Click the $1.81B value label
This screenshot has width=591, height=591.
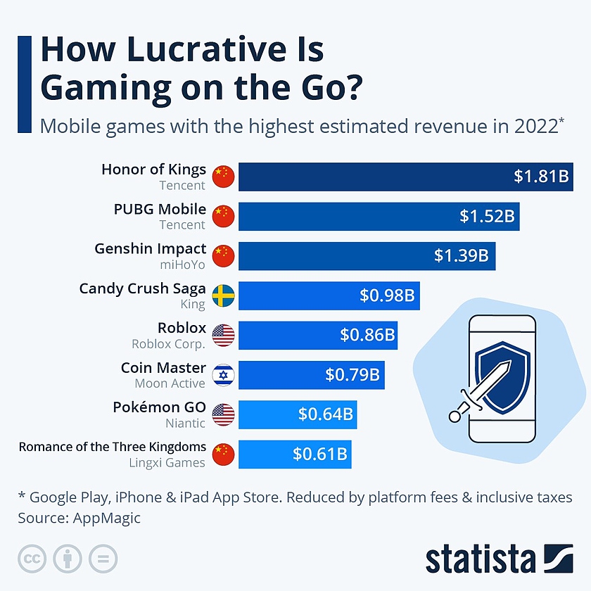point(540,176)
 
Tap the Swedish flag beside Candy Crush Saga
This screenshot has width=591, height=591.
point(223,295)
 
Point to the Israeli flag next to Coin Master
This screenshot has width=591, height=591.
point(223,374)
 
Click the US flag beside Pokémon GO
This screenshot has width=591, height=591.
point(223,414)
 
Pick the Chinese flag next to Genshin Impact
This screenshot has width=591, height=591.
point(223,255)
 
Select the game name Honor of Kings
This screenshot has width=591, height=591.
point(153,169)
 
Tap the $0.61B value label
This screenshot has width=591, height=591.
point(320,454)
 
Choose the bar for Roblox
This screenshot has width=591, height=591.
point(317,335)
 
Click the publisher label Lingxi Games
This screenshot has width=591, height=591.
point(167,462)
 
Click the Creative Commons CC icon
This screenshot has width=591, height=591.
point(31,559)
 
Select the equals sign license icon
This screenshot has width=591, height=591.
point(103,559)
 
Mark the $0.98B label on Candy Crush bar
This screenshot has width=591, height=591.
point(386,295)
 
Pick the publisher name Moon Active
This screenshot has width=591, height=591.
point(170,383)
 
